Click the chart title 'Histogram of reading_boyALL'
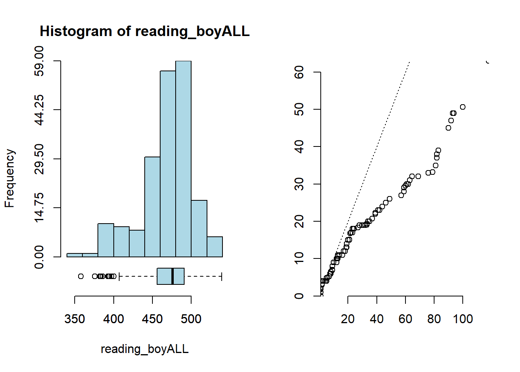coord(145,31)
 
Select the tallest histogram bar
coord(183,159)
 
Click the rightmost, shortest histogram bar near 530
coord(215,247)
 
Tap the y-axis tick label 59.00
coord(39,61)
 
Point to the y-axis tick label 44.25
coord(39,110)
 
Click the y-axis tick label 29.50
coord(39,159)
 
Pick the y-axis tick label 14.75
coord(39,208)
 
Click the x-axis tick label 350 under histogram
coord(75,319)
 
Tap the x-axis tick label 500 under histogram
coord(191,319)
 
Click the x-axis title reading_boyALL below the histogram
coord(145,349)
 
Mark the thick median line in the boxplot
coord(173,276)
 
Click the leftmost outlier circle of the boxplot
coord(81,276)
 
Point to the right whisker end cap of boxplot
coord(222,276)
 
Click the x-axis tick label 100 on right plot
coord(463,319)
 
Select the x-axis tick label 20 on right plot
coord(348,319)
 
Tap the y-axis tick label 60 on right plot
coord(299,72)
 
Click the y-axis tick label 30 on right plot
coord(299,184)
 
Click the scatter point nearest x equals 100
coord(463,107)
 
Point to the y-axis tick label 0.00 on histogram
coord(39,257)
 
